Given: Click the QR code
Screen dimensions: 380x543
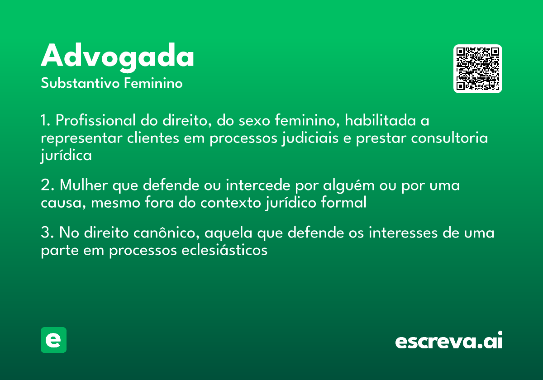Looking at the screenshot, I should [478, 69].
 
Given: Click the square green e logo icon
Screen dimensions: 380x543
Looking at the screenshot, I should [53, 340].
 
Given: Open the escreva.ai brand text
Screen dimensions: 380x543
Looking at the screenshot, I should [449, 341].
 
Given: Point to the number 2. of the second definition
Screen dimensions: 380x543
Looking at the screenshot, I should [48, 185].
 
